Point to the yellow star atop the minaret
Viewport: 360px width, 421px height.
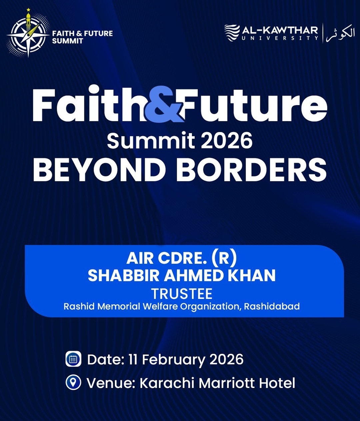(28, 10)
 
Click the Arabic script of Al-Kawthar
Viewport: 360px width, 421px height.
(340, 33)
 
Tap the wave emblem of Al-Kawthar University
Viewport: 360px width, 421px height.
(232, 33)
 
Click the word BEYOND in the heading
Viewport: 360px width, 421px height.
(99, 170)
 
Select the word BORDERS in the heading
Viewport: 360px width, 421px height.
(251, 170)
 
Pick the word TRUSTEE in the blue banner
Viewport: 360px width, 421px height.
(182, 294)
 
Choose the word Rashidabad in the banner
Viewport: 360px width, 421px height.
(272, 307)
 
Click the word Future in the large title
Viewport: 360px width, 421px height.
(255, 105)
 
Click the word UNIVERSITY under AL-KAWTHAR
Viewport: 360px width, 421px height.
(280, 38)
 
